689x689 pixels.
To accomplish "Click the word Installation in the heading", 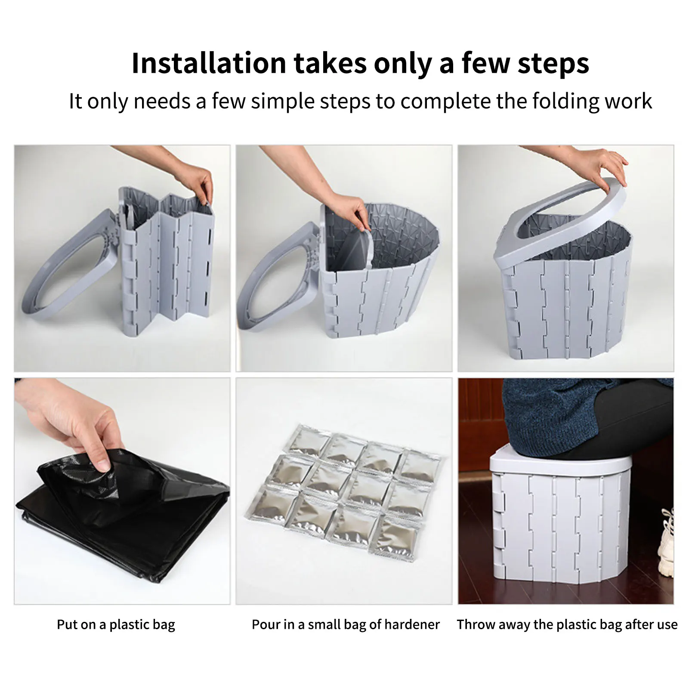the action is (209, 63).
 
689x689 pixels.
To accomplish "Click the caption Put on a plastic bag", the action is (116, 625).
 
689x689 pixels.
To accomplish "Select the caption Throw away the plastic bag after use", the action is (567, 625).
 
